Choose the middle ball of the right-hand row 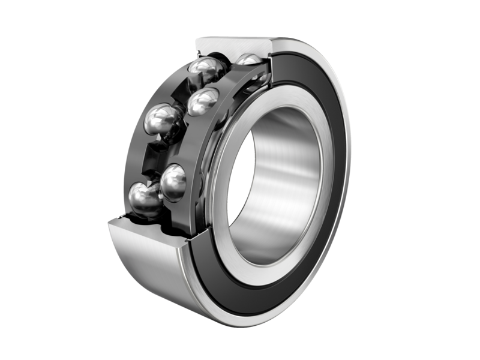[202, 101]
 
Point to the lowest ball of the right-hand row [174, 182]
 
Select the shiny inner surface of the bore [282, 180]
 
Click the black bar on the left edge [14, 180]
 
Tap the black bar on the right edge [464, 180]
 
